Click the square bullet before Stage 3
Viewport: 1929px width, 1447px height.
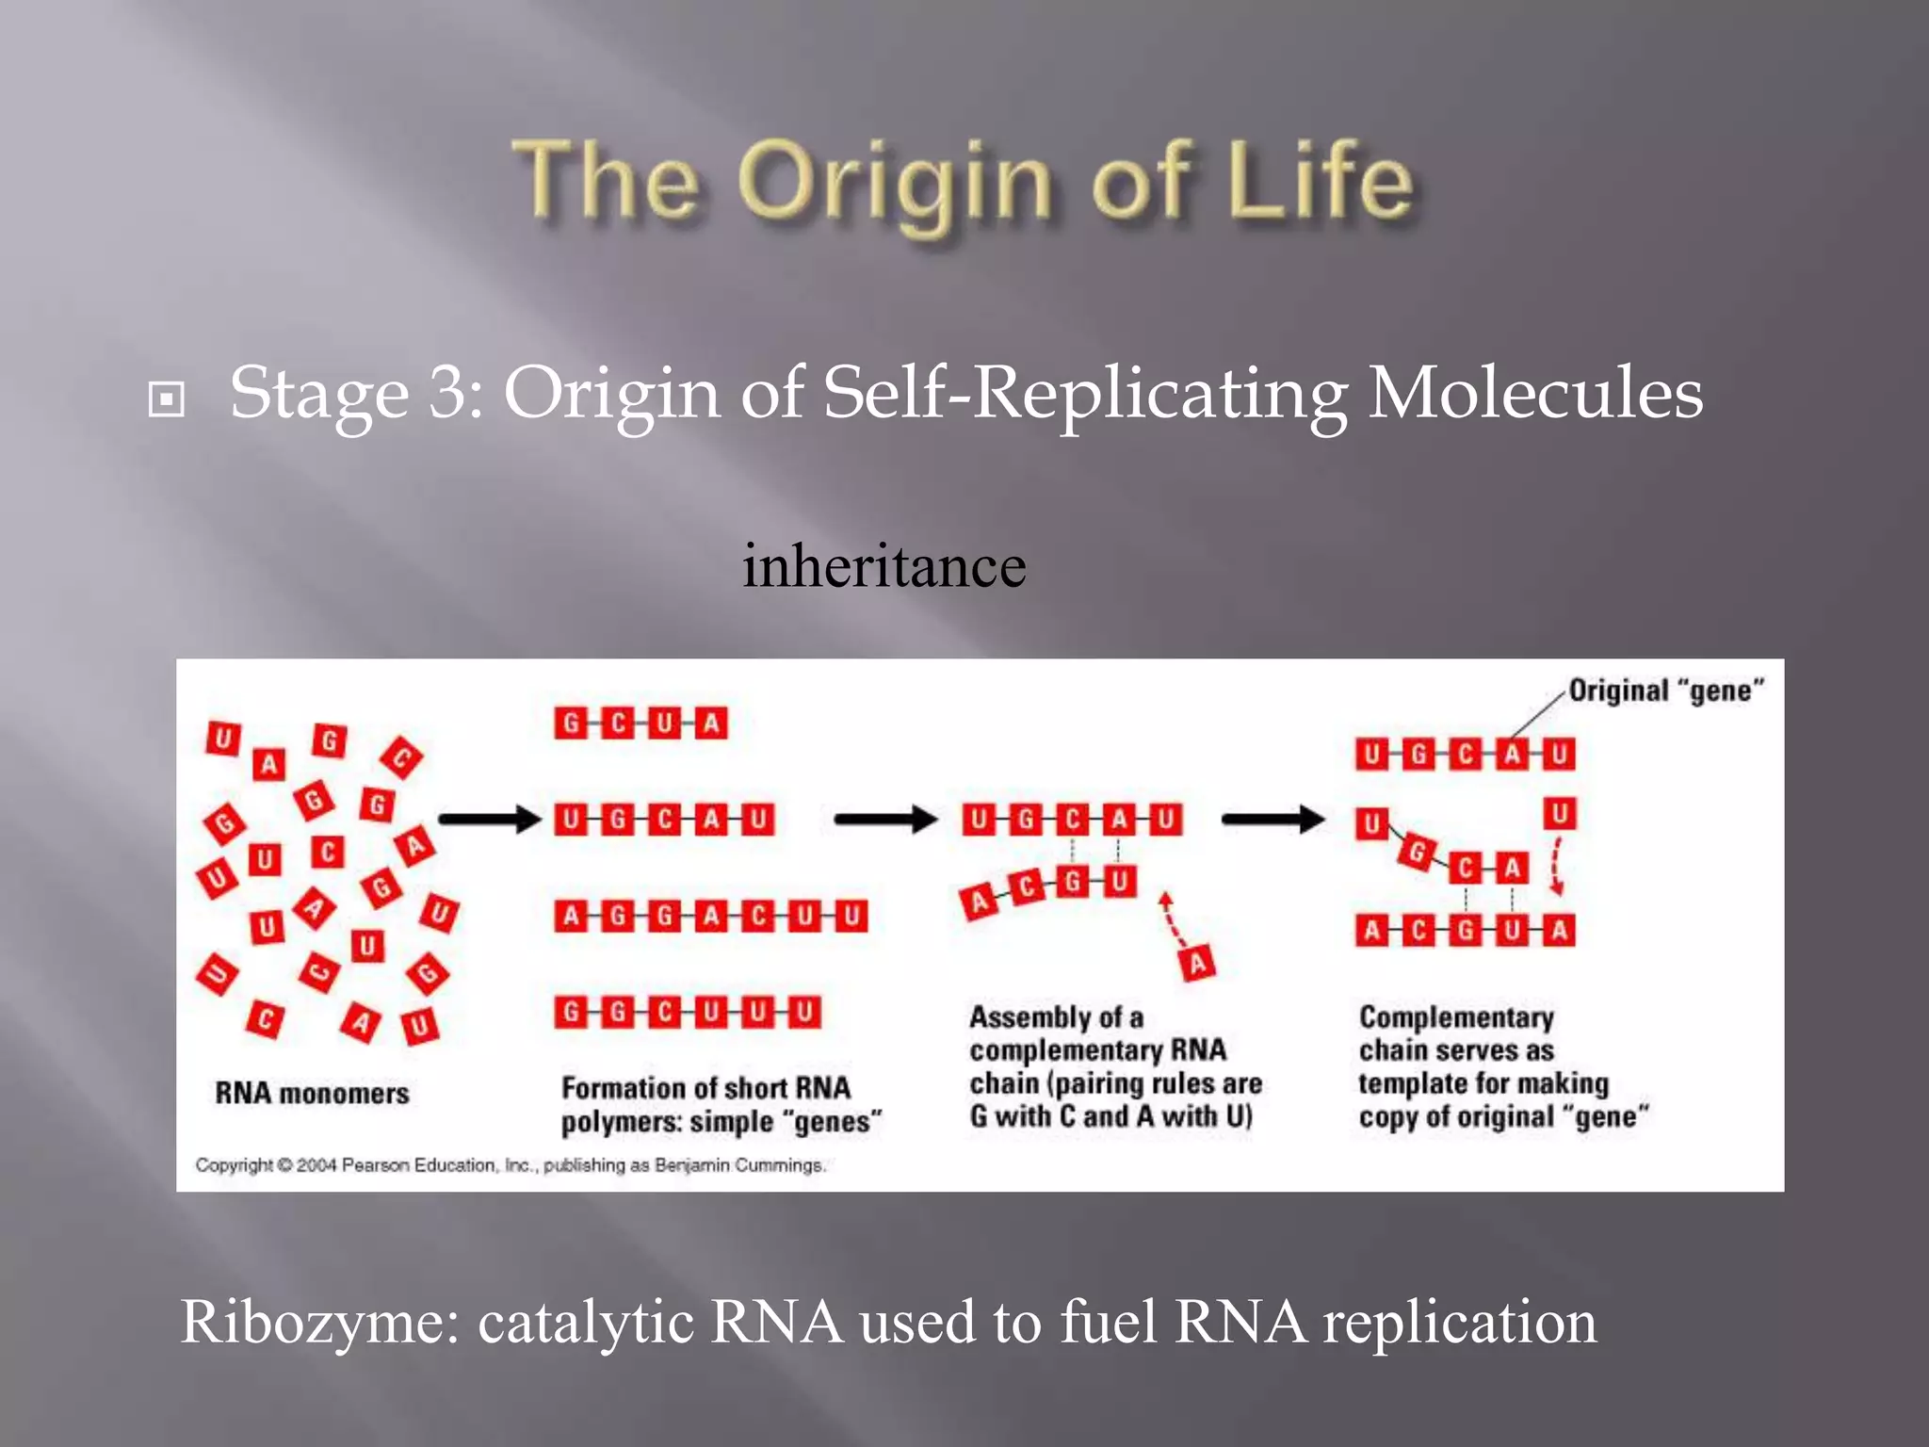[x=167, y=399]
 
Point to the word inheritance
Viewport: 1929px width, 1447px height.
[x=883, y=567]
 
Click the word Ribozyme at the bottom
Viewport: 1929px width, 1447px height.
[x=318, y=1324]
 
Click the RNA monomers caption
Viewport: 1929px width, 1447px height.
[x=312, y=1094]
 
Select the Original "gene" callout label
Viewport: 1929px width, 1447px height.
[x=1665, y=691]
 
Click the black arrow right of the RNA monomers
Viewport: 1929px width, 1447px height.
[x=489, y=819]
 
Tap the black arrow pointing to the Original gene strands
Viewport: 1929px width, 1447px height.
[x=1272, y=819]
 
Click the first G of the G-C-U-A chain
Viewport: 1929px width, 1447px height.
[x=571, y=723]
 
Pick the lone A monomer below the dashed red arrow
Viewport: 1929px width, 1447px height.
[x=1197, y=964]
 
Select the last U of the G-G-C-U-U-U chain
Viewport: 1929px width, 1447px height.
[x=804, y=1013]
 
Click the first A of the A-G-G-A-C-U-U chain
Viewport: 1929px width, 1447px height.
[x=571, y=916]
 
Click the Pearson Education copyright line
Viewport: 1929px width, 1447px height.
[x=511, y=1165]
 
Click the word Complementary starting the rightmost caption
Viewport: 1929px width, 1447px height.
[x=1456, y=1017]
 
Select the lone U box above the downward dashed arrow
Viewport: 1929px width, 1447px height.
[x=1559, y=813]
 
